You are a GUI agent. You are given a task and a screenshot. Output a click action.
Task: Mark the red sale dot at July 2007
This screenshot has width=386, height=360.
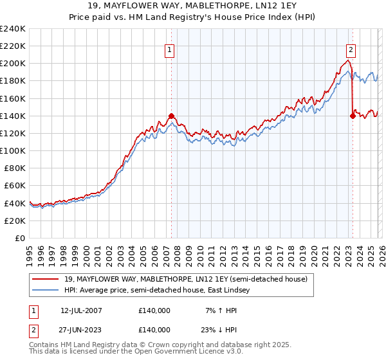171,116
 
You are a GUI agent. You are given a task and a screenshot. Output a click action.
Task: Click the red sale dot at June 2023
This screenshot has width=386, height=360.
353,116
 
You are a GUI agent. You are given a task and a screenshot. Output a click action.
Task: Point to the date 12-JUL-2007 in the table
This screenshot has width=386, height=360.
81,310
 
